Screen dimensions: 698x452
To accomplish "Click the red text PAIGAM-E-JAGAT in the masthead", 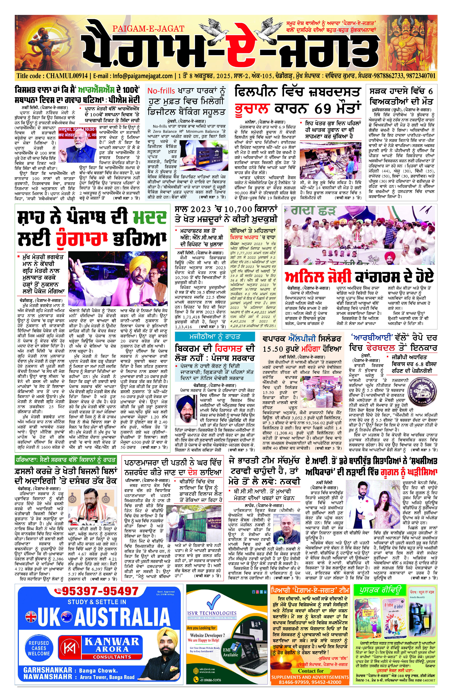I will (x=148, y=28).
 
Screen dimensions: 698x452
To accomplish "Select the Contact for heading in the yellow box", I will (x=311, y=671).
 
